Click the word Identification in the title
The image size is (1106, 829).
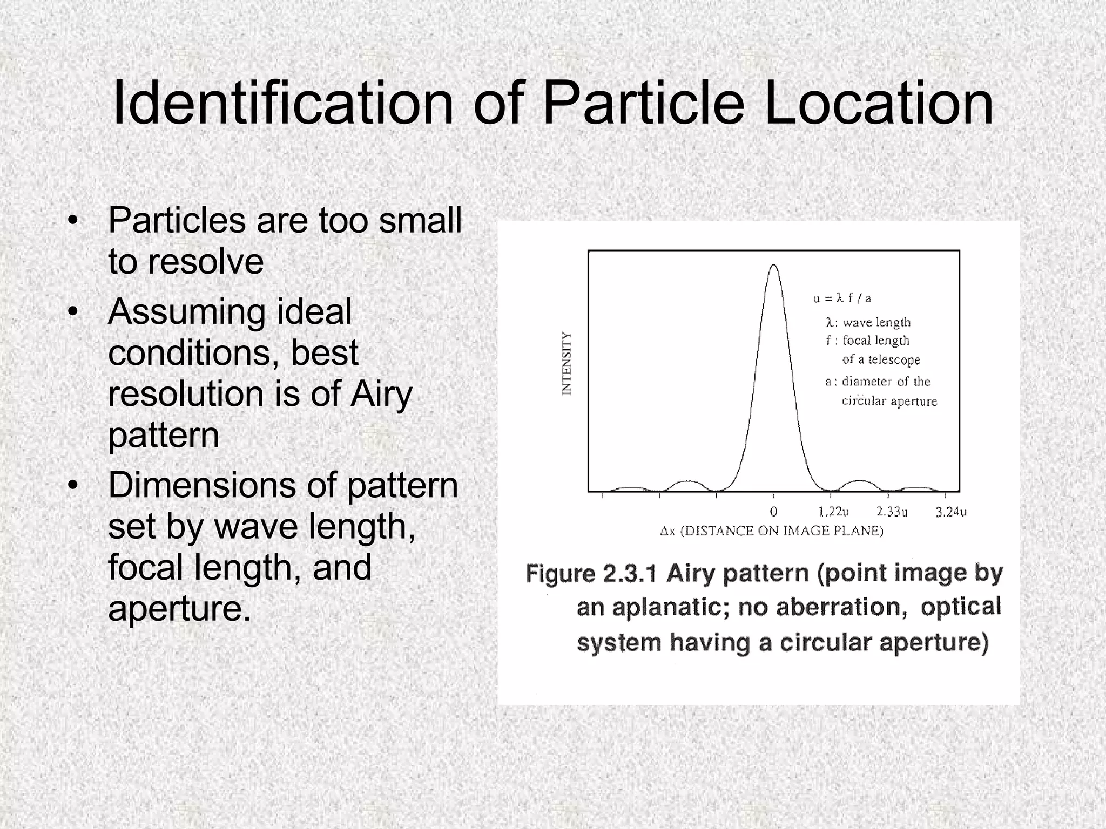tap(282, 103)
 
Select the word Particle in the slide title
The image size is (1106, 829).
tap(643, 103)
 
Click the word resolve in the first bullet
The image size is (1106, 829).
tap(206, 262)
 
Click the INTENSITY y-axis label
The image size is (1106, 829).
tap(567, 364)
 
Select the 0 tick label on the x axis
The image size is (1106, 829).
tap(773, 512)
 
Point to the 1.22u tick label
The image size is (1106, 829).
tap(833, 512)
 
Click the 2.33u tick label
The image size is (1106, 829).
tap(892, 512)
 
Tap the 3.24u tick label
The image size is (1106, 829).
tap(950, 512)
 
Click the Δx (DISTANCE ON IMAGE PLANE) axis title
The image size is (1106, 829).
tap(772, 531)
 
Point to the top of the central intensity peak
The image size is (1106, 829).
tap(774, 265)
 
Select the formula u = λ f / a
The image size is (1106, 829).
tap(842, 298)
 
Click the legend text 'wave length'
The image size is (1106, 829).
tap(876, 322)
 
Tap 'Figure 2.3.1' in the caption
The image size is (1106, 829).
tap(591, 574)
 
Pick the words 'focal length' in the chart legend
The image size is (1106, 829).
tap(876, 341)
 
